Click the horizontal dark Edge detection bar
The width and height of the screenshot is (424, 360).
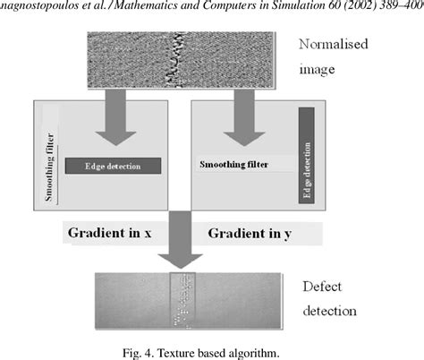[112, 166]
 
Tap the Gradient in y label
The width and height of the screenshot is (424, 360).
[252, 234]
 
